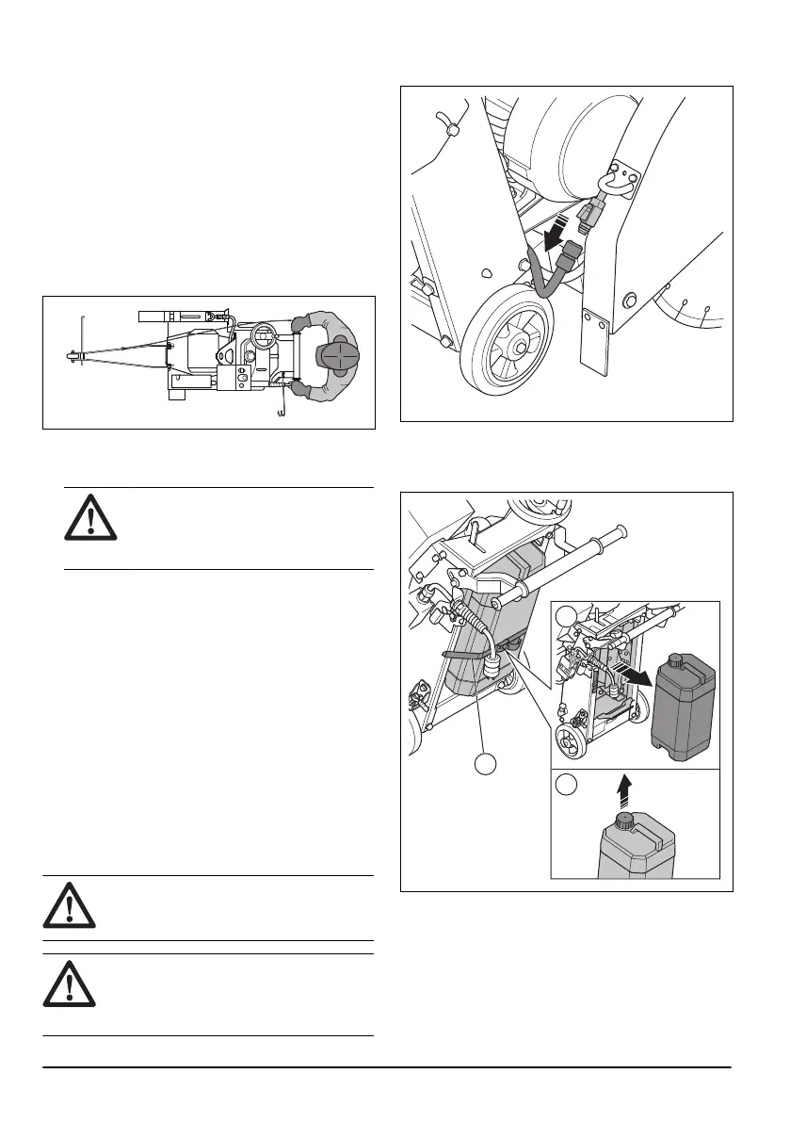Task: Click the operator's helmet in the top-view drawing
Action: [336, 356]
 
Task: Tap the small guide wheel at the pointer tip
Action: [72, 356]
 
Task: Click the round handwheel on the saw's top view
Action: [262, 332]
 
